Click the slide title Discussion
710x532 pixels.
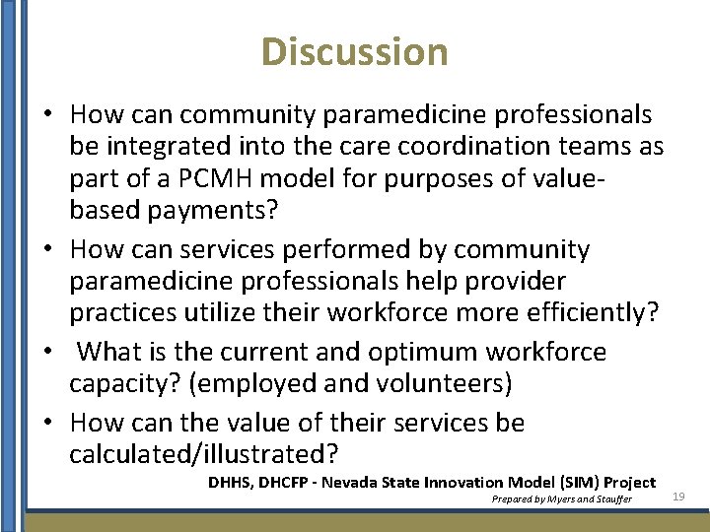pyautogui.click(x=355, y=51)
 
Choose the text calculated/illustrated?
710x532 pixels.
pyautogui.click(x=204, y=454)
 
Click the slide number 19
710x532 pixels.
pyautogui.click(x=677, y=497)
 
